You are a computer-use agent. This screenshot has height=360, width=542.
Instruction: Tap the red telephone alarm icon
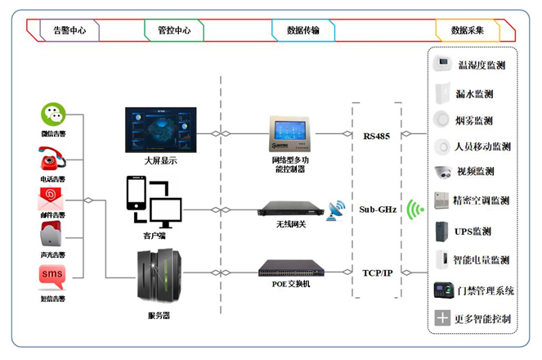click(52, 157)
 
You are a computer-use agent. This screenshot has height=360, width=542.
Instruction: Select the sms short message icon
click(52, 276)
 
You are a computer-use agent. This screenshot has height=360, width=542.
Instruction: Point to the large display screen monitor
click(160, 129)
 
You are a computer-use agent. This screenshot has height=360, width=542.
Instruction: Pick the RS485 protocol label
click(377, 134)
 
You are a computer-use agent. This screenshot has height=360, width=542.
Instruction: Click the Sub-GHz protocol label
click(377, 209)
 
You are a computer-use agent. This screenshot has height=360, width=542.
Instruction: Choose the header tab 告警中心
click(69, 30)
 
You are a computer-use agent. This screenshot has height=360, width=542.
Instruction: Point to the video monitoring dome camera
click(443, 173)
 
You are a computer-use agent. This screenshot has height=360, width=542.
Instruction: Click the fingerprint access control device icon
click(442, 290)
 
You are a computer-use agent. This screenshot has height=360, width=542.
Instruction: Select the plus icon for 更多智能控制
click(442, 317)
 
